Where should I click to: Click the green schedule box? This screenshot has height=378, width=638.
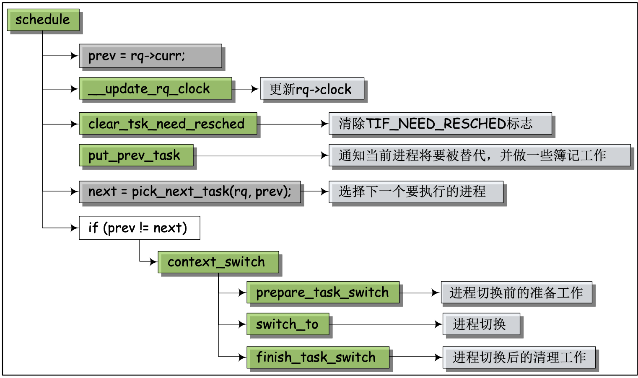[43, 20]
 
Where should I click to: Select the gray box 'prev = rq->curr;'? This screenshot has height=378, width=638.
[150, 56]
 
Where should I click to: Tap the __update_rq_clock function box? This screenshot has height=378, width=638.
[155, 88]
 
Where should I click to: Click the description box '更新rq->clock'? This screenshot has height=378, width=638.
[312, 88]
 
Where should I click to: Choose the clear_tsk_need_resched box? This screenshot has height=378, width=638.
[168, 124]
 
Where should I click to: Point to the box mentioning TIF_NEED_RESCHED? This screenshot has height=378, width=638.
[440, 124]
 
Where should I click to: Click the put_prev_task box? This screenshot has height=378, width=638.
[136, 155]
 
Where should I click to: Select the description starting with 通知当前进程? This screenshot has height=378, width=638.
[480, 155]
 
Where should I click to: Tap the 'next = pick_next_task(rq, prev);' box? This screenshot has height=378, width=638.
[189, 192]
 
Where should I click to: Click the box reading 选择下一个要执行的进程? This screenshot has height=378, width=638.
[416, 192]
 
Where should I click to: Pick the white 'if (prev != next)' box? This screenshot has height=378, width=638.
[139, 228]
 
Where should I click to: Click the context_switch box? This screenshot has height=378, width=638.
[218, 262]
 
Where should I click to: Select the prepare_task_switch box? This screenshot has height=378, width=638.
[323, 293]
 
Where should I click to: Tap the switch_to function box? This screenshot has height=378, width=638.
[288, 324]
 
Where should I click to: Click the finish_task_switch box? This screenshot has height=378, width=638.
[318, 357]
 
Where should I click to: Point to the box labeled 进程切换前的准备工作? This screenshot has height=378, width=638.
[516, 293]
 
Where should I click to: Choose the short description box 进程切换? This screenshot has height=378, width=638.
[481, 324]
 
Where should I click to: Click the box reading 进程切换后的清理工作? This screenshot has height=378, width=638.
[519, 357]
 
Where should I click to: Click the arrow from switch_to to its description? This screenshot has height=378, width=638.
[386, 324]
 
